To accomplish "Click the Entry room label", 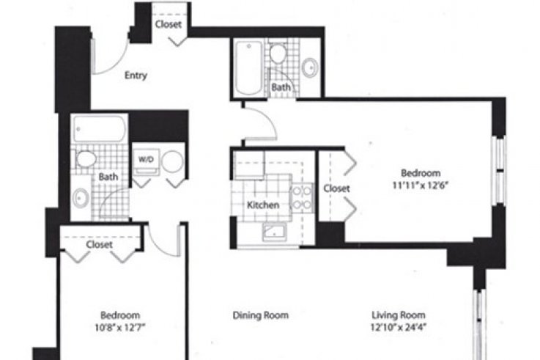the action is [136, 75].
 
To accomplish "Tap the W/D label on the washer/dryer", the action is [146, 160].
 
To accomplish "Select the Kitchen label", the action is [263, 205].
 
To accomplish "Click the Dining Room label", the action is [261, 315].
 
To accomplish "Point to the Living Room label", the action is [399, 315].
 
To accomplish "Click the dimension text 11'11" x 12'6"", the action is [420, 185].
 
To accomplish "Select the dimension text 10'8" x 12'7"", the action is [120, 327].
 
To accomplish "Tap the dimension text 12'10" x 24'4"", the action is [399, 326].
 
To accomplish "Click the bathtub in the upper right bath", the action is [248, 67].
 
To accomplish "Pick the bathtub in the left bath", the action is [100, 129].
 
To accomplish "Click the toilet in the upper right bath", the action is [278, 53].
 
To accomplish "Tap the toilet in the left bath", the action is [86, 159].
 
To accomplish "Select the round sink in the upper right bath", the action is [310, 67].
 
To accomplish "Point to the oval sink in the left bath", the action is [81, 198].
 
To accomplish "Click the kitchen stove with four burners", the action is [302, 198].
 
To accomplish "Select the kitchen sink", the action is [274, 232].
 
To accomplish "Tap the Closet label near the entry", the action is [169, 24].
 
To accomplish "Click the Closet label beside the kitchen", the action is [336, 188].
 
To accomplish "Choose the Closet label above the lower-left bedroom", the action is [99, 245].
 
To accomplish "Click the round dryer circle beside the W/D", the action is [172, 161].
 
